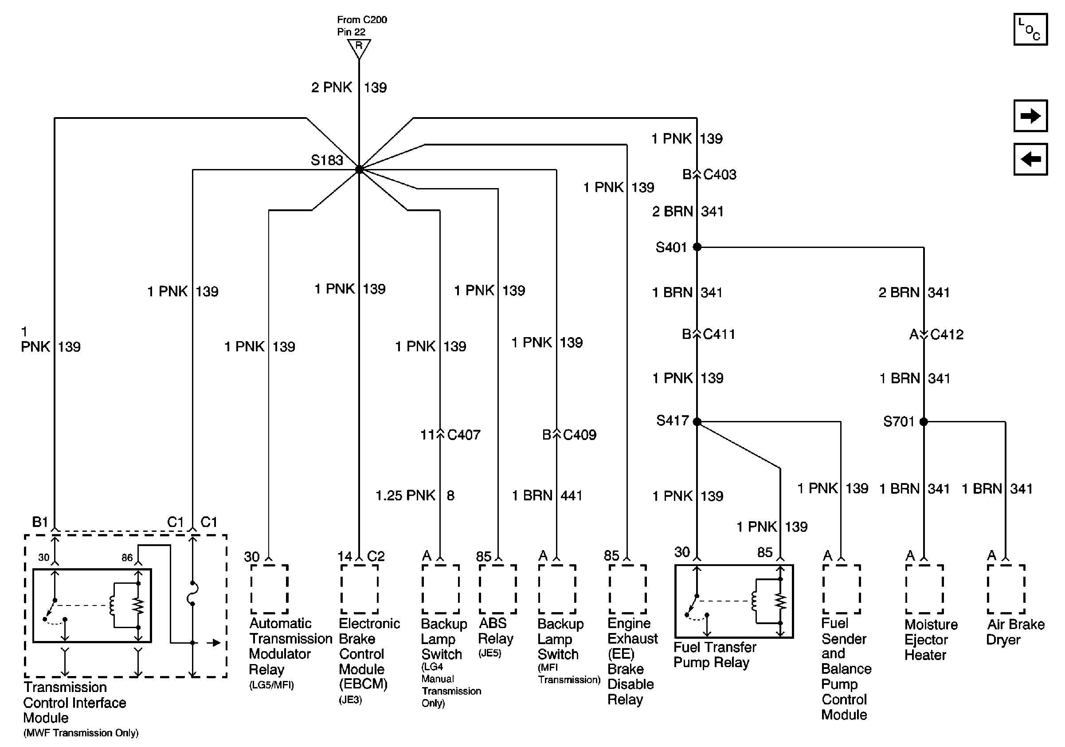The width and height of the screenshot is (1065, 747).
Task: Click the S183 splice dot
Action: click(x=359, y=170)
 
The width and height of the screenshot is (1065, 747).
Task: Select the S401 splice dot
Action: click(x=697, y=247)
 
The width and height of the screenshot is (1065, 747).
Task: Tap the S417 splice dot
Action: click(x=697, y=421)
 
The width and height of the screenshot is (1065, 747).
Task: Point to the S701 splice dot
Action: click(x=924, y=421)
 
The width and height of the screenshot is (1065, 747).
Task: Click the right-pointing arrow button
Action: click(x=1030, y=115)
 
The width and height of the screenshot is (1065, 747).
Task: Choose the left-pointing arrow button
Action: click(x=1030, y=159)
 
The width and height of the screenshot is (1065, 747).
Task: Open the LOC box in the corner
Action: click(x=1030, y=30)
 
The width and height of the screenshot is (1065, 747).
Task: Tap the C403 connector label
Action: click(x=720, y=174)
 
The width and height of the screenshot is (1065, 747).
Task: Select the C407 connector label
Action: click(x=463, y=435)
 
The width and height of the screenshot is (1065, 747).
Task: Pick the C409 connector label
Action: click(x=579, y=435)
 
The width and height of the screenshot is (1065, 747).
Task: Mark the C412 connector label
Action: click(x=947, y=334)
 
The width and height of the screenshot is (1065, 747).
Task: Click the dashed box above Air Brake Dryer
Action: click(x=1006, y=589)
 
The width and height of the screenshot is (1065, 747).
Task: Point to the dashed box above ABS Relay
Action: click(x=498, y=589)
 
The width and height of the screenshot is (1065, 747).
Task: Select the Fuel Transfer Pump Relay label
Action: click(x=714, y=655)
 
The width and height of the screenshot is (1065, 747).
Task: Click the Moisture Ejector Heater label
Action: click(x=931, y=639)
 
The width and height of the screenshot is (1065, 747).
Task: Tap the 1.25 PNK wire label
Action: click(x=405, y=495)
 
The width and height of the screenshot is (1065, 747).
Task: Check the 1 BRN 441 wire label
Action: click(x=547, y=495)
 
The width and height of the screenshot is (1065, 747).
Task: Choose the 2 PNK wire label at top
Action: click(x=332, y=87)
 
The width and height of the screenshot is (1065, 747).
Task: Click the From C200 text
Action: click(x=362, y=20)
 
